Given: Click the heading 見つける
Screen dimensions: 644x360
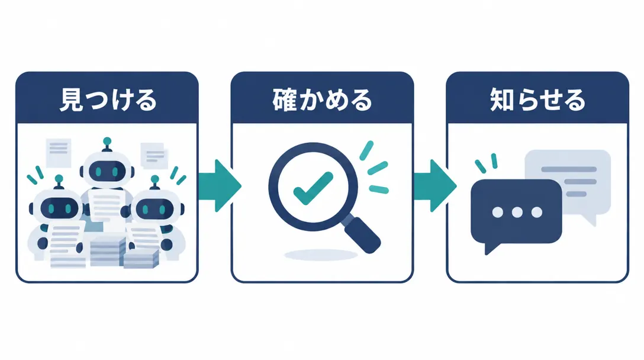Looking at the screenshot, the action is point(108,100).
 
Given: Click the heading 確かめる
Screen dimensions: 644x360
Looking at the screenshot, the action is point(323,100).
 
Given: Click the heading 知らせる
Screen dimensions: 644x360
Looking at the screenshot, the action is point(537,100).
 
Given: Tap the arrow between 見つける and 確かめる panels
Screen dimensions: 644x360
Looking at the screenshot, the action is point(220,186).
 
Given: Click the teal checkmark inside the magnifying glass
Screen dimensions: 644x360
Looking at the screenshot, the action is point(313,188).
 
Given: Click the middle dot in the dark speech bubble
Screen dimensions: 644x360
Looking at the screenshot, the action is point(517,212).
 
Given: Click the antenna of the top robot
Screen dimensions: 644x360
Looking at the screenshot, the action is point(107,144).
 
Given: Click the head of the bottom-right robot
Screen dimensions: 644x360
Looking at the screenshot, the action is point(155,210).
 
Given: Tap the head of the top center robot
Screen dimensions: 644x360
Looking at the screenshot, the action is point(107,169).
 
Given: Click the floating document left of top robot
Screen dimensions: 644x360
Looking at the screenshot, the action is point(59,153).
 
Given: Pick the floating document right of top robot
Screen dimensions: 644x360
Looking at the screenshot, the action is point(154,155).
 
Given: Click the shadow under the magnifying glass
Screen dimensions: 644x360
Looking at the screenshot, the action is point(321,255).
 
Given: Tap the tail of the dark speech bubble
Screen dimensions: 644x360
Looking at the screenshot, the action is point(492,247).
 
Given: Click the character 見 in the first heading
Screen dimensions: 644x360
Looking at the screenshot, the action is point(72,100).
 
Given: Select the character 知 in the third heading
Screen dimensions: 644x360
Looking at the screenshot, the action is point(502,100).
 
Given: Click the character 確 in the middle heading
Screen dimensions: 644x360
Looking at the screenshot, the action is point(285,100).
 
